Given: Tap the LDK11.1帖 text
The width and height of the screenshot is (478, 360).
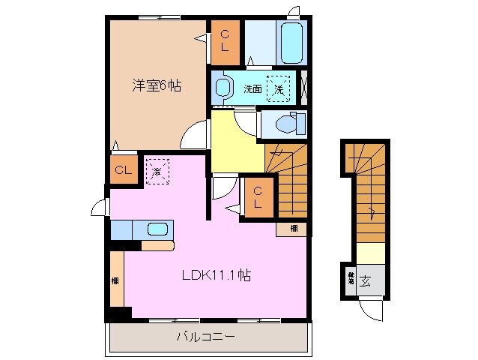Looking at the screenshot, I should coord(214,275).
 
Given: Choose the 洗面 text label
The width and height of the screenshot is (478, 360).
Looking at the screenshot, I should coord(252,88).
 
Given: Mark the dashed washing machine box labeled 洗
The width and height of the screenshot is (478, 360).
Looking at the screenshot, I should coord(279,88).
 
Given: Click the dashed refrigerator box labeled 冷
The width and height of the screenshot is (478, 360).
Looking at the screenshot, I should coord(157,171).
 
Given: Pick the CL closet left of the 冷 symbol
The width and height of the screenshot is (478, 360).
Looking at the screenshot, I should coord(123,170).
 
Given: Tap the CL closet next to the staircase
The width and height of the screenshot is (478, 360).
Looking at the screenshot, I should coord(257,198).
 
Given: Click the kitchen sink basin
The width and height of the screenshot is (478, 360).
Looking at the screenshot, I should coord(157,230).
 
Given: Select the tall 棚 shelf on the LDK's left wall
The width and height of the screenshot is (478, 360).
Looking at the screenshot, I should coord(116,280).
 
